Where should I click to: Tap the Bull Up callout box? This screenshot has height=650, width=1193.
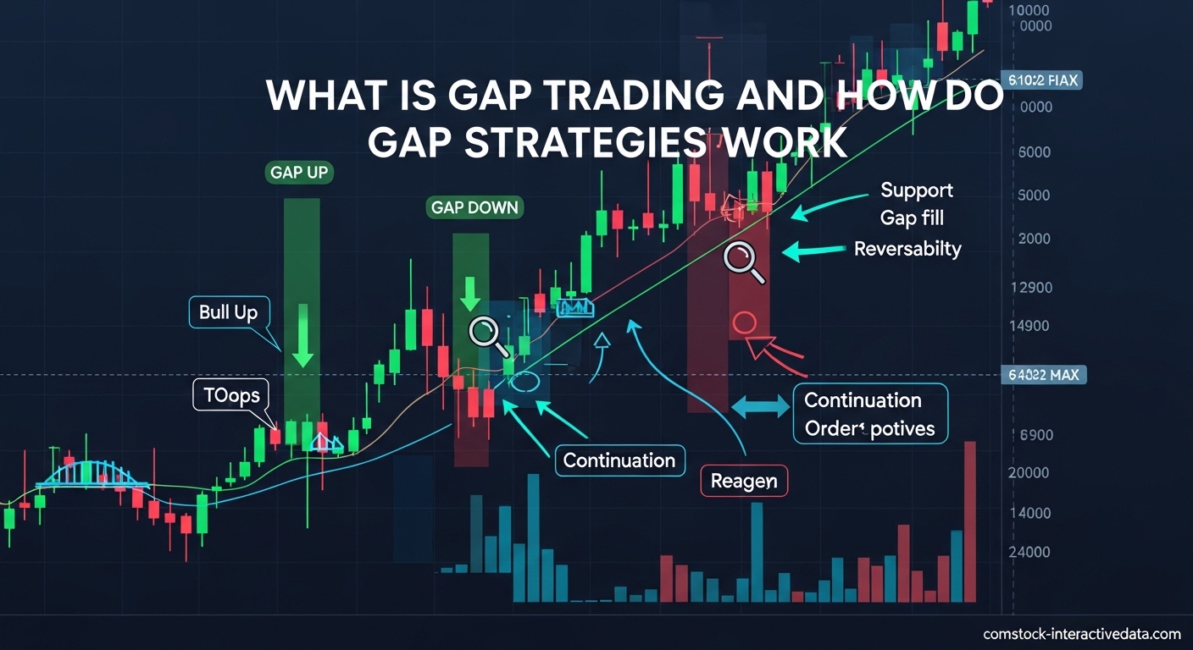[228, 313]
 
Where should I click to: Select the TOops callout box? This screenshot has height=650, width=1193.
[231, 395]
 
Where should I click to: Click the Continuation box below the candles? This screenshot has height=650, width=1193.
[619, 460]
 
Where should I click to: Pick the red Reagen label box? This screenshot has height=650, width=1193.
[743, 481]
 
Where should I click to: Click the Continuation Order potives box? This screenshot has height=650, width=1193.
[869, 414]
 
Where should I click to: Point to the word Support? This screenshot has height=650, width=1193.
[916, 190]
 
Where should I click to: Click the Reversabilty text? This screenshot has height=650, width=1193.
[907, 249]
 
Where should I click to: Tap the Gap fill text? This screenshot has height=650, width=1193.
[912, 218]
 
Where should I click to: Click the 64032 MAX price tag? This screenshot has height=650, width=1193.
[1042, 374]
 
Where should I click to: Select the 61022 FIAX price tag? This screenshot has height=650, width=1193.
[1041, 81]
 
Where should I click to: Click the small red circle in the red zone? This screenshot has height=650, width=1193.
[743, 322]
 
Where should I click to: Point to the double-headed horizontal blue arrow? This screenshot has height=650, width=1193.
[759, 406]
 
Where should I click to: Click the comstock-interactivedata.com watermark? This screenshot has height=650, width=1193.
[1081, 634]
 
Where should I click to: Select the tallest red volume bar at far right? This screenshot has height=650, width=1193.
[969, 521]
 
